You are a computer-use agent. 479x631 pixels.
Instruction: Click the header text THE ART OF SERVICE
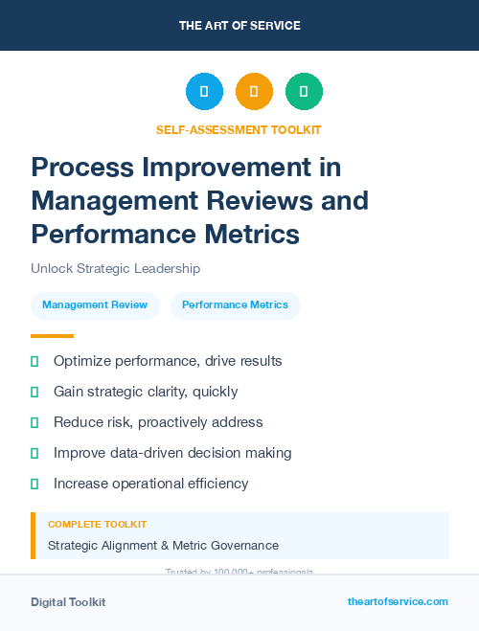tap(239, 26)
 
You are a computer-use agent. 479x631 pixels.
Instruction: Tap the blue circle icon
tap(204, 92)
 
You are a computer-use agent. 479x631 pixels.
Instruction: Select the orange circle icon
tap(254, 92)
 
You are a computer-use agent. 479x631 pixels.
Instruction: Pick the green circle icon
tap(304, 92)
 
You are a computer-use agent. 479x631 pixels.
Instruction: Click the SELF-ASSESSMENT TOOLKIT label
tap(239, 130)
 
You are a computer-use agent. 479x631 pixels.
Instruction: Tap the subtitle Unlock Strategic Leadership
tap(115, 269)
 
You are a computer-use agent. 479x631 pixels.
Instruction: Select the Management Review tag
tap(95, 305)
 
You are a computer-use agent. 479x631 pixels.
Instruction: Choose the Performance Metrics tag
tap(235, 305)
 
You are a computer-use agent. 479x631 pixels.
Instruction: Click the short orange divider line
tap(52, 336)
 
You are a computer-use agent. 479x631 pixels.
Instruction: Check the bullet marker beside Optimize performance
tap(34, 361)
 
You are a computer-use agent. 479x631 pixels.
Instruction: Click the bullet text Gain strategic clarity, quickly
tap(146, 392)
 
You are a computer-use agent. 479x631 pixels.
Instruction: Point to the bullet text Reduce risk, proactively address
tap(158, 422)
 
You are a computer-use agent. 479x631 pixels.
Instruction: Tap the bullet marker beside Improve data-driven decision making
tap(34, 453)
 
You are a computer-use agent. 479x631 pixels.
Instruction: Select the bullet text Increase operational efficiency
tap(150, 484)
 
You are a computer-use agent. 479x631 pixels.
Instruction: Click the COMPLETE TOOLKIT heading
tap(97, 525)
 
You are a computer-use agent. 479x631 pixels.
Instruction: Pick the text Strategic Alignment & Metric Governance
tap(163, 546)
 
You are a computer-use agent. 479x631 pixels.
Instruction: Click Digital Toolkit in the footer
tap(68, 602)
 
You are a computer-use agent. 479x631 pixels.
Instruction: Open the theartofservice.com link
tap(398, 601)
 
